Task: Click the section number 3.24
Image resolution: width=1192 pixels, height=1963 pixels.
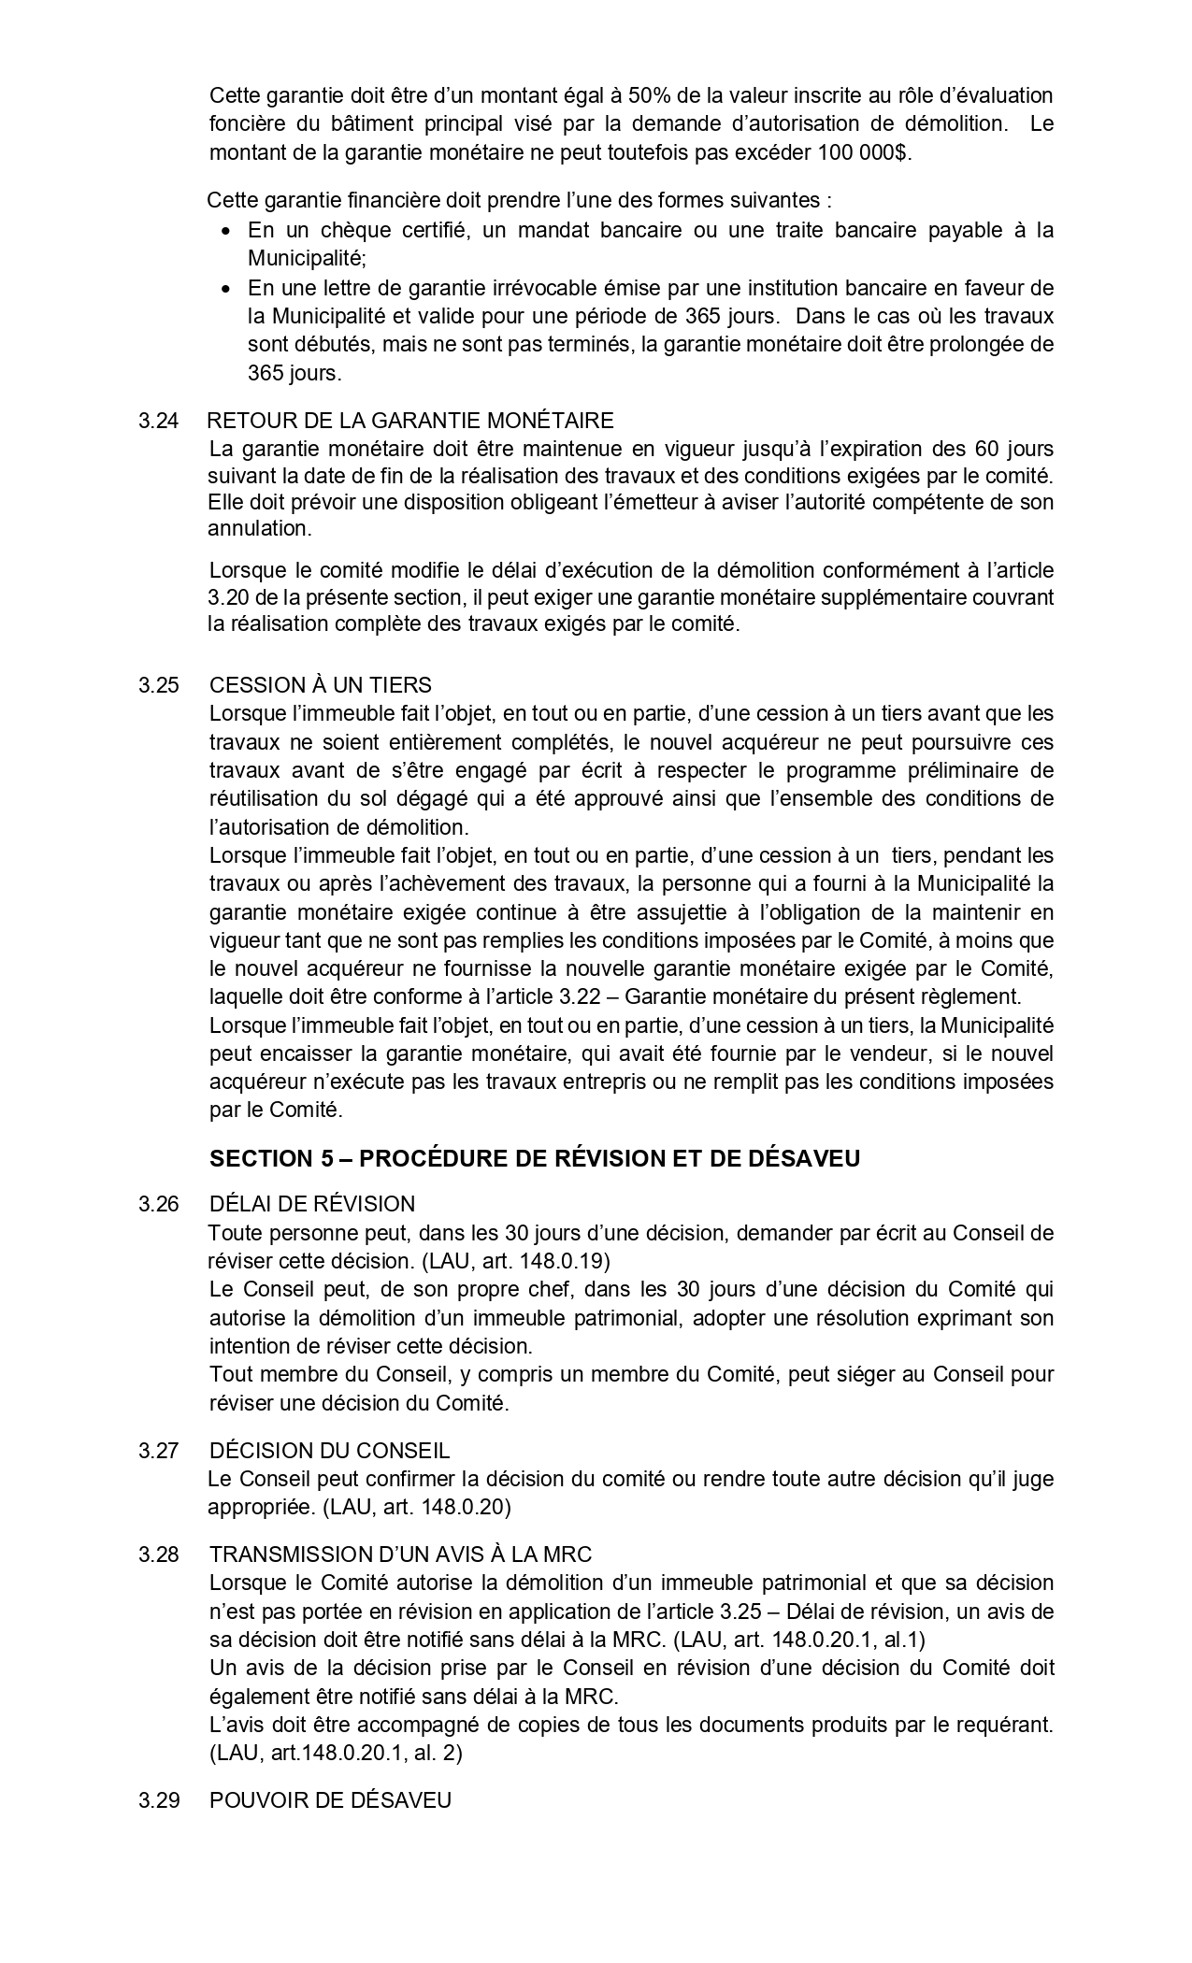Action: coord(158,421)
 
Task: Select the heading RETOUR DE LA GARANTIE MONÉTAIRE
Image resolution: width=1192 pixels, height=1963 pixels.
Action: coord(410,421)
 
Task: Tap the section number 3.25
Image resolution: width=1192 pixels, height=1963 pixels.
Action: coord(158,685)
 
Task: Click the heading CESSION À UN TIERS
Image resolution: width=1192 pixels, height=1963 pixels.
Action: coord(321,685)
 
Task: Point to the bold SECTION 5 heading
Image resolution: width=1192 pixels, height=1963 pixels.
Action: coord(535,1158)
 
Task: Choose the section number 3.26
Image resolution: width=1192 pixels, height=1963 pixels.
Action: coord(158,1204)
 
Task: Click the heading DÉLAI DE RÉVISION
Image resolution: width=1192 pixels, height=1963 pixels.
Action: coord(312,1204)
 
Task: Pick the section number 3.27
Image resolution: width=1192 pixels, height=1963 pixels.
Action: coord(158,1451)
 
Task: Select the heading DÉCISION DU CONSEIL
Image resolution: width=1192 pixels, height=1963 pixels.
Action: coord(329,1451)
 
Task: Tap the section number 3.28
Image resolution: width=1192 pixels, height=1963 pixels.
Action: coord(158,1555)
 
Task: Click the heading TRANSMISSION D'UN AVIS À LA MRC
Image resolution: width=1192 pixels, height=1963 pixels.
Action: coord(401,1555)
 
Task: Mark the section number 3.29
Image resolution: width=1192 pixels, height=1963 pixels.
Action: coord(158,1800)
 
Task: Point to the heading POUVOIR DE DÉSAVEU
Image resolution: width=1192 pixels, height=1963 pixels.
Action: coord(330,1800)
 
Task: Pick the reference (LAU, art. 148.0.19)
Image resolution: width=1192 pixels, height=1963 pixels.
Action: coord(515,1261)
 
